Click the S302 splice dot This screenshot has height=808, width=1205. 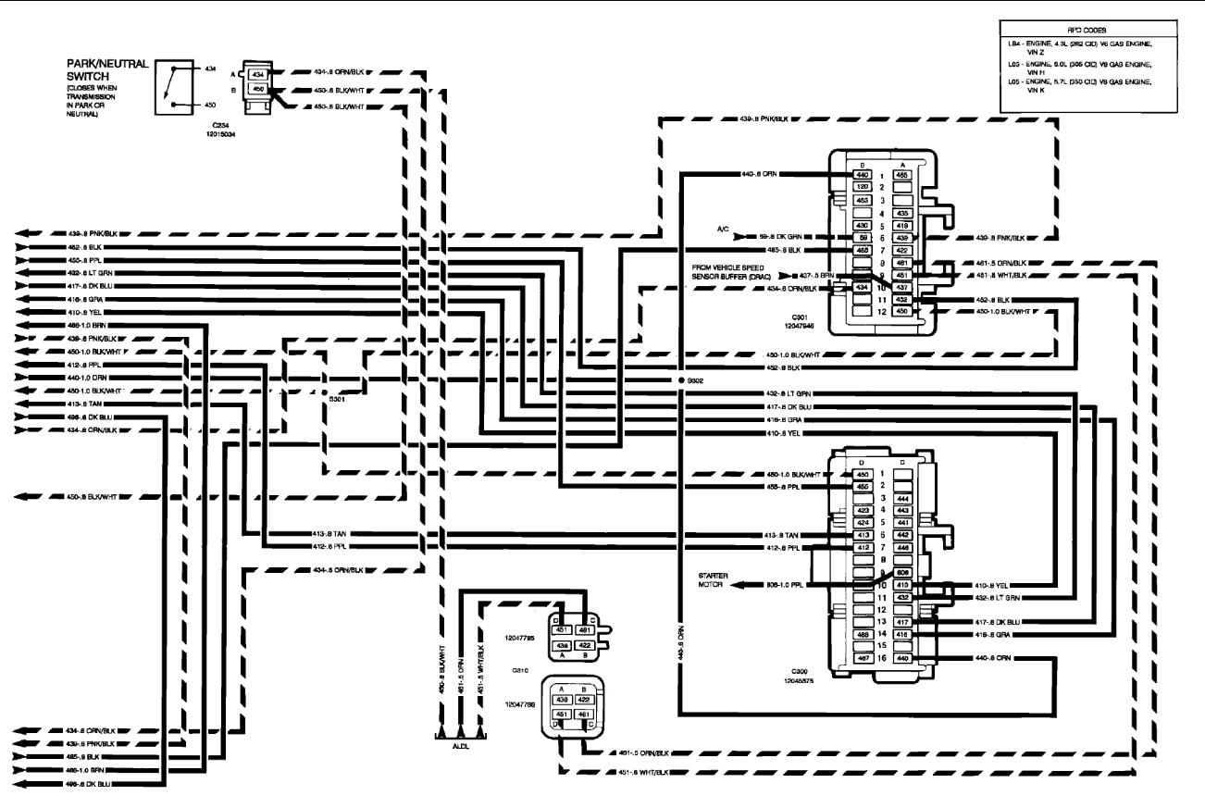pyautogui.click(x=680, y=380)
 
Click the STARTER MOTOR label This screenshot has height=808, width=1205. pyautogui.click(x=714, y=579)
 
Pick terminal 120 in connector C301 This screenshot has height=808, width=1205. pyautogui.click(x=861, y=187)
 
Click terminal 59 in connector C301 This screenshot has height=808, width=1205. pyautogui.click(x=861, y=238)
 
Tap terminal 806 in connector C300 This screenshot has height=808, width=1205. pyautogui.click(x=903, y=572)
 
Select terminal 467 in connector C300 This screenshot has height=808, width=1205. pyautogui.click(x=862, y=658)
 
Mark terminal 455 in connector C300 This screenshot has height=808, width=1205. pyautogui.click(x=862, y=486)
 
